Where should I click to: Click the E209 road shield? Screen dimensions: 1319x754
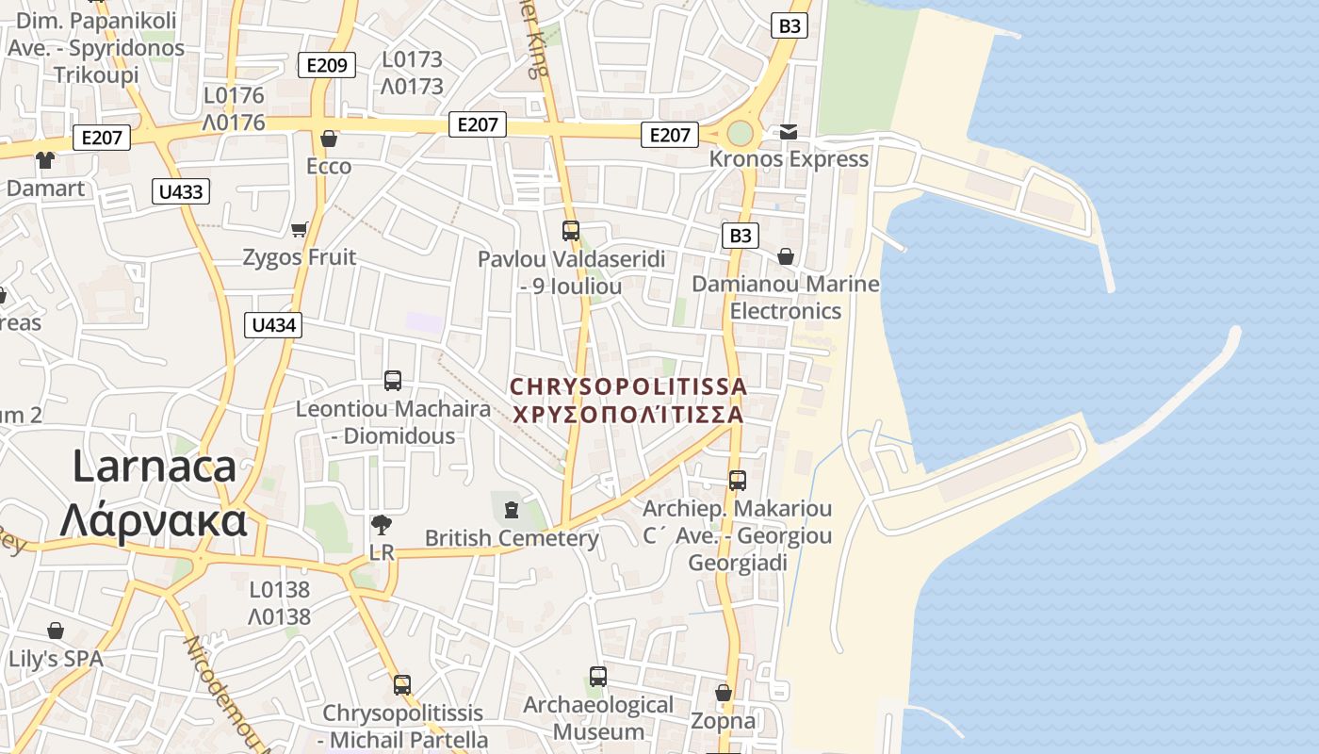click(327, 66)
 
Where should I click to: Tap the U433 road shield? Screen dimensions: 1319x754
click(180, 192)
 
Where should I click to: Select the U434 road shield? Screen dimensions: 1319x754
click(274, 325)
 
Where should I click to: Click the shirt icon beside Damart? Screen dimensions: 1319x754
click(45, 159)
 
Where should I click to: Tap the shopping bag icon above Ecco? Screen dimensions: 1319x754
click(329, 139)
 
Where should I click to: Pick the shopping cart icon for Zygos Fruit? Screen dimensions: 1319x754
click(300, 229)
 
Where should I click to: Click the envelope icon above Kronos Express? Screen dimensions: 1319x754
click(788, 131)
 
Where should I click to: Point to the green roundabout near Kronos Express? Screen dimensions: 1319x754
click(741, 133)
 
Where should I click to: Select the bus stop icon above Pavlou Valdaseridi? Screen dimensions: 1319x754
click(570, 230)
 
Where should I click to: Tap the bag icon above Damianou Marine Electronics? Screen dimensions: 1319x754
click(786, 255)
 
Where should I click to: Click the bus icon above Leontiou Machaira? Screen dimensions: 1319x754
click(393, 381)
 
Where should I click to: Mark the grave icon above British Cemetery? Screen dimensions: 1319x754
click(512, 510)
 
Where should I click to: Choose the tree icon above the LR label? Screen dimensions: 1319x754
click(382, 524)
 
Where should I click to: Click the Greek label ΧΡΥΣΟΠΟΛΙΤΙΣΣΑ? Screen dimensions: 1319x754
click(627, 415)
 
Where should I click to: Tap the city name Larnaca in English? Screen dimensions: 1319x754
click(154, 467)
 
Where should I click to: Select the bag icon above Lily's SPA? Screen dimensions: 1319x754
click(56, 630)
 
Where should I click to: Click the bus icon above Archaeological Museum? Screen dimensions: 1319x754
click(598, 676)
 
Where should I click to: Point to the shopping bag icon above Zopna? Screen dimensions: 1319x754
click(724, 693)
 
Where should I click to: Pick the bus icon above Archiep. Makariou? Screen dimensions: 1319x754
click(738, 481)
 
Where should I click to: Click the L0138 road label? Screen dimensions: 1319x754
click(280, 590)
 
